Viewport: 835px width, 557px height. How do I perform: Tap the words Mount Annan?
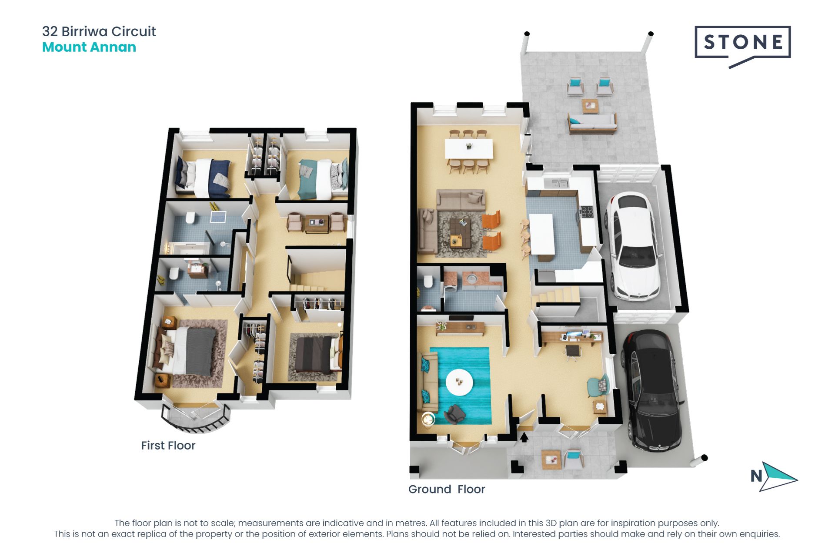tap(89, 47)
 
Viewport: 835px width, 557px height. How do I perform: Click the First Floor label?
tap(168, 446)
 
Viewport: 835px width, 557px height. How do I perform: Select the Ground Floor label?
tap(447, 489)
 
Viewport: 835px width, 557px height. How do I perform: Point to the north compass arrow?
tap(778, 477)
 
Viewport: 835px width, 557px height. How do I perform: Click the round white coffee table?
tap(459, 382)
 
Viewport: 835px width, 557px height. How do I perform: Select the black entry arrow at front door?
tap(524, 437)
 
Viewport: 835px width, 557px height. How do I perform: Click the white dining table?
tap(468, 149)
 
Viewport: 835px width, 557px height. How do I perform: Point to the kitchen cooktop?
tap(585, 212)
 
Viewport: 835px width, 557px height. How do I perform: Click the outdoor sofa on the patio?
tap(592, 123)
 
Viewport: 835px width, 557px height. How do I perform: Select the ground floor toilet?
tap(428, 282)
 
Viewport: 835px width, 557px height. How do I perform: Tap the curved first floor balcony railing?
tap(195, 420)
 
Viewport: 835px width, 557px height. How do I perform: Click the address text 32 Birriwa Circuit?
tap(99, 31)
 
